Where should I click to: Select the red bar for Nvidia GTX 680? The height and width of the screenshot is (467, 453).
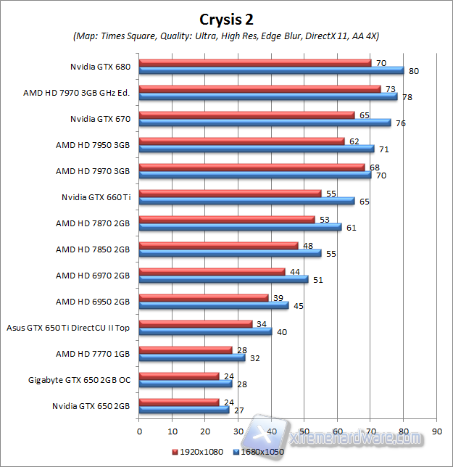(254, 63)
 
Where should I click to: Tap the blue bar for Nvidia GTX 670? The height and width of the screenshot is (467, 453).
(265, 123)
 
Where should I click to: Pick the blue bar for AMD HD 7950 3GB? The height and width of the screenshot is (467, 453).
(257, 149)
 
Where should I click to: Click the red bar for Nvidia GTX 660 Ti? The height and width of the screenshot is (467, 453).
(230, 194)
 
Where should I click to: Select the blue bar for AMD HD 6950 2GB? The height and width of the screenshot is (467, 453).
(214, 305)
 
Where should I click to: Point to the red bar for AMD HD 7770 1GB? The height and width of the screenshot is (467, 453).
(186, 350)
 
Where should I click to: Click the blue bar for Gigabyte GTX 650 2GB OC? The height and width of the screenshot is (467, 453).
(186, 384)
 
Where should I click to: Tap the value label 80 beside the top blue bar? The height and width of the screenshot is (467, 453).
(414, 71)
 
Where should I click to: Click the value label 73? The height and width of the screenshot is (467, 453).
(391, 88)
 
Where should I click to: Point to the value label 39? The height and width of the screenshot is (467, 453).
(278, 297)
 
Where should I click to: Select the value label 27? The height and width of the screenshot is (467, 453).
(238, 410)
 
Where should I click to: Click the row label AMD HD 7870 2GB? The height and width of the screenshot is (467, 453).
(93, 223)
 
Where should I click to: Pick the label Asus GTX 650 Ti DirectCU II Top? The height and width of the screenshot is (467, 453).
(67, 328)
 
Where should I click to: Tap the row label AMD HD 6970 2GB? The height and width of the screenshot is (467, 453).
(93, 276)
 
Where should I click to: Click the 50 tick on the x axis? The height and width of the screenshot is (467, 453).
(304, 429)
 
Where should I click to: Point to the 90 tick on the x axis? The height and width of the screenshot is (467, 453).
(436, 429)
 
